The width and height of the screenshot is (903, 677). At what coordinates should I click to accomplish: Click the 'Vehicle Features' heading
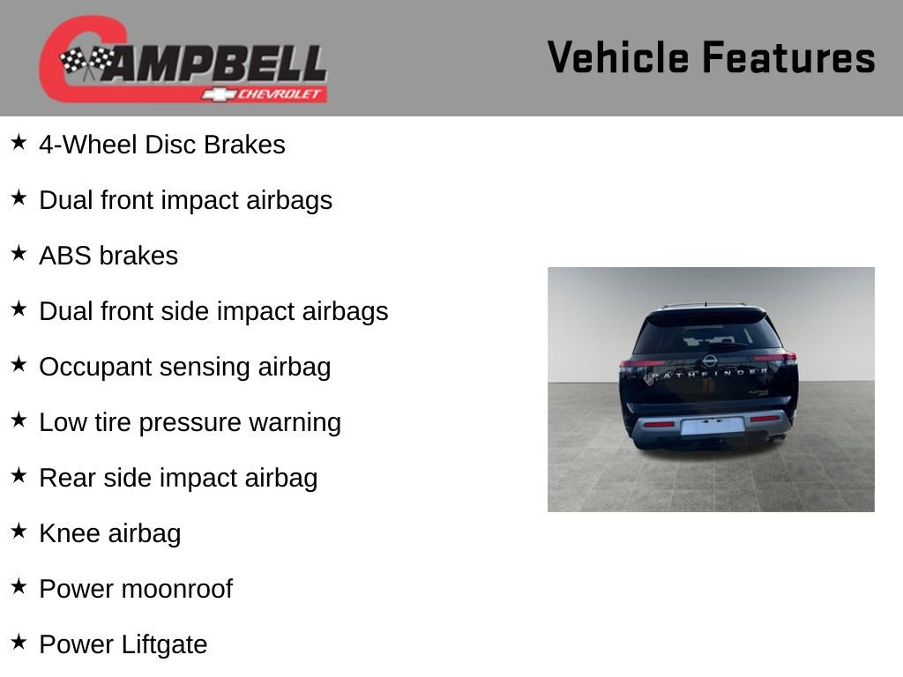point(712,57)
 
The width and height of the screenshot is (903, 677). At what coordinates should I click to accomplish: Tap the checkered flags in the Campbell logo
point(86,62)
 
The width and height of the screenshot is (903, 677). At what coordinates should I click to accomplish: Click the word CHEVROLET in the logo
point(280,93)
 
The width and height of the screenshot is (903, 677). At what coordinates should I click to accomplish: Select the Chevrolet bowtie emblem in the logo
point(219,94)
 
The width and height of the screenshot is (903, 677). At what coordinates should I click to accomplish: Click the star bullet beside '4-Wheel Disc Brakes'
point(19,142)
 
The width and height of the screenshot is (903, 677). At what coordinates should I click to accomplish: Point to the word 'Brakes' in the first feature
point(245,145)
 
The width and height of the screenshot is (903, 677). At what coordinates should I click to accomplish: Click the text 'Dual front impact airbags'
point(185,200)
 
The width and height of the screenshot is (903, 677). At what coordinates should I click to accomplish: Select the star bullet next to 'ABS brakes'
point(19,253)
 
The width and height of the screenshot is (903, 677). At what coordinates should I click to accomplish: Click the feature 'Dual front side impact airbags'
point(213,311)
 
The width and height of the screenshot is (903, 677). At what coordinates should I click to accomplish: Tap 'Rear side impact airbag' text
point(178,479)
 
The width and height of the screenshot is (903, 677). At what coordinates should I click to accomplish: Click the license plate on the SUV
point(713,426)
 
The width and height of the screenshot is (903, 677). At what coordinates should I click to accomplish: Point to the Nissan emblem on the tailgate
point(710,361)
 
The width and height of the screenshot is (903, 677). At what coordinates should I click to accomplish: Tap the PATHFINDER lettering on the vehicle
point(709,374)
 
